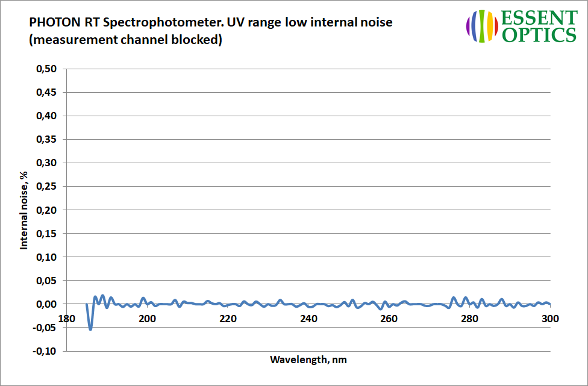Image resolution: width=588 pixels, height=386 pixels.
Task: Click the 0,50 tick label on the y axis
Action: click(x=46, y=69)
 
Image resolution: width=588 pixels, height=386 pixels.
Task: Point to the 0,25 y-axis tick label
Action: click(x=46, y=187)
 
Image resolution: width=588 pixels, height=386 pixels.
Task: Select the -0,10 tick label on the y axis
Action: click(x=45, y=351)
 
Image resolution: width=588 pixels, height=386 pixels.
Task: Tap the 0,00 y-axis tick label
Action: click(x=46, y=304)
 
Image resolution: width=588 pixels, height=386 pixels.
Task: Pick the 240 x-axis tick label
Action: click(x=308, y=319)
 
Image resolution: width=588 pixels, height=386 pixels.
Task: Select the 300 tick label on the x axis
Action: click(x=550, y=319)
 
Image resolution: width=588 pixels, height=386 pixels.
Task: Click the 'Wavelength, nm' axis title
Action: click(x=308, y=360)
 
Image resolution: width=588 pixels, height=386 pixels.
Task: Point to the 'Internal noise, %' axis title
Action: click(x=24, y=210)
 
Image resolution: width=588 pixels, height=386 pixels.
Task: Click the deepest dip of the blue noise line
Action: click(x=91, y=329)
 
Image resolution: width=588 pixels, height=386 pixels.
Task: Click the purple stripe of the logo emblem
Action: click(x=468, y=26)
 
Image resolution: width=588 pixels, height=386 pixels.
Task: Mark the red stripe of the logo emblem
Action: click(x=496, y=26)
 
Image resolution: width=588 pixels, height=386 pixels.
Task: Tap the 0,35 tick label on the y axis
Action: click(x=46, y=140)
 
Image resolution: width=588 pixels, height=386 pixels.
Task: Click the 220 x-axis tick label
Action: click(x=228, y=319)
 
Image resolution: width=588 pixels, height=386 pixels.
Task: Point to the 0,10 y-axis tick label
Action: click(x=46, y=257)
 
